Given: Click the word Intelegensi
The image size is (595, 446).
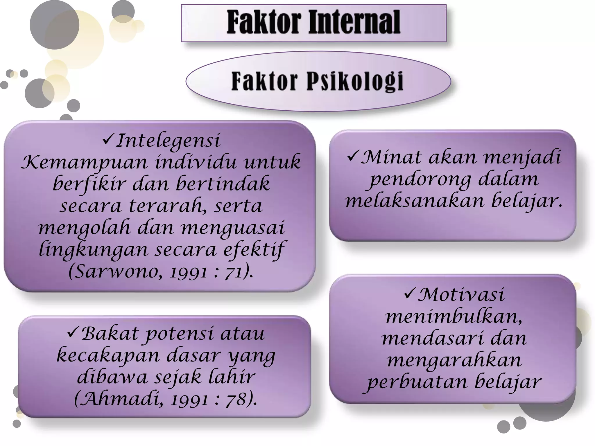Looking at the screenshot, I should pyautogui.click(x=168, y=141).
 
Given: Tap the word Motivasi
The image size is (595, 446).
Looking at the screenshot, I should pyautogui.click(x=461, y=295).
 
